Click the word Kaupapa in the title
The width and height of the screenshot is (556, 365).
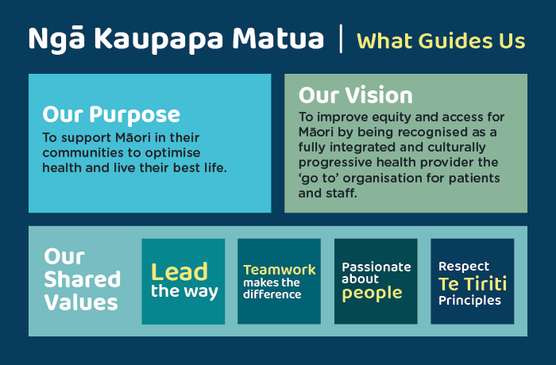[159, 40]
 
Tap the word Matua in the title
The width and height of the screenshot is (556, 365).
[278, 37]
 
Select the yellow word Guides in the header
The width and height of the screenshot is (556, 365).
[457, 40]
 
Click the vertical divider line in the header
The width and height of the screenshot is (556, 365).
[341, 39]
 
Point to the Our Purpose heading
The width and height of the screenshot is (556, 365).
[111, 115]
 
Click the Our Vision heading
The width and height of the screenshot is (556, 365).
[356, 95]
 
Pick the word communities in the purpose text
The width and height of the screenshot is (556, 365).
[83, 152]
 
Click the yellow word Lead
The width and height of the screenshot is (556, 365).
[180, 272]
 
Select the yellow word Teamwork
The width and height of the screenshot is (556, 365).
[280, 270]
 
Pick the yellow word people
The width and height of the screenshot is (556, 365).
[372, 294]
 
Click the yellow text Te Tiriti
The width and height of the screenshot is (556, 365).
[473, 284]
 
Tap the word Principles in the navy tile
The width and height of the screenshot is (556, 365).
[469, 301]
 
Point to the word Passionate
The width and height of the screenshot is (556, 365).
[376, 267]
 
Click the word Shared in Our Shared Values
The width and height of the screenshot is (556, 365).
[83, 279]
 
